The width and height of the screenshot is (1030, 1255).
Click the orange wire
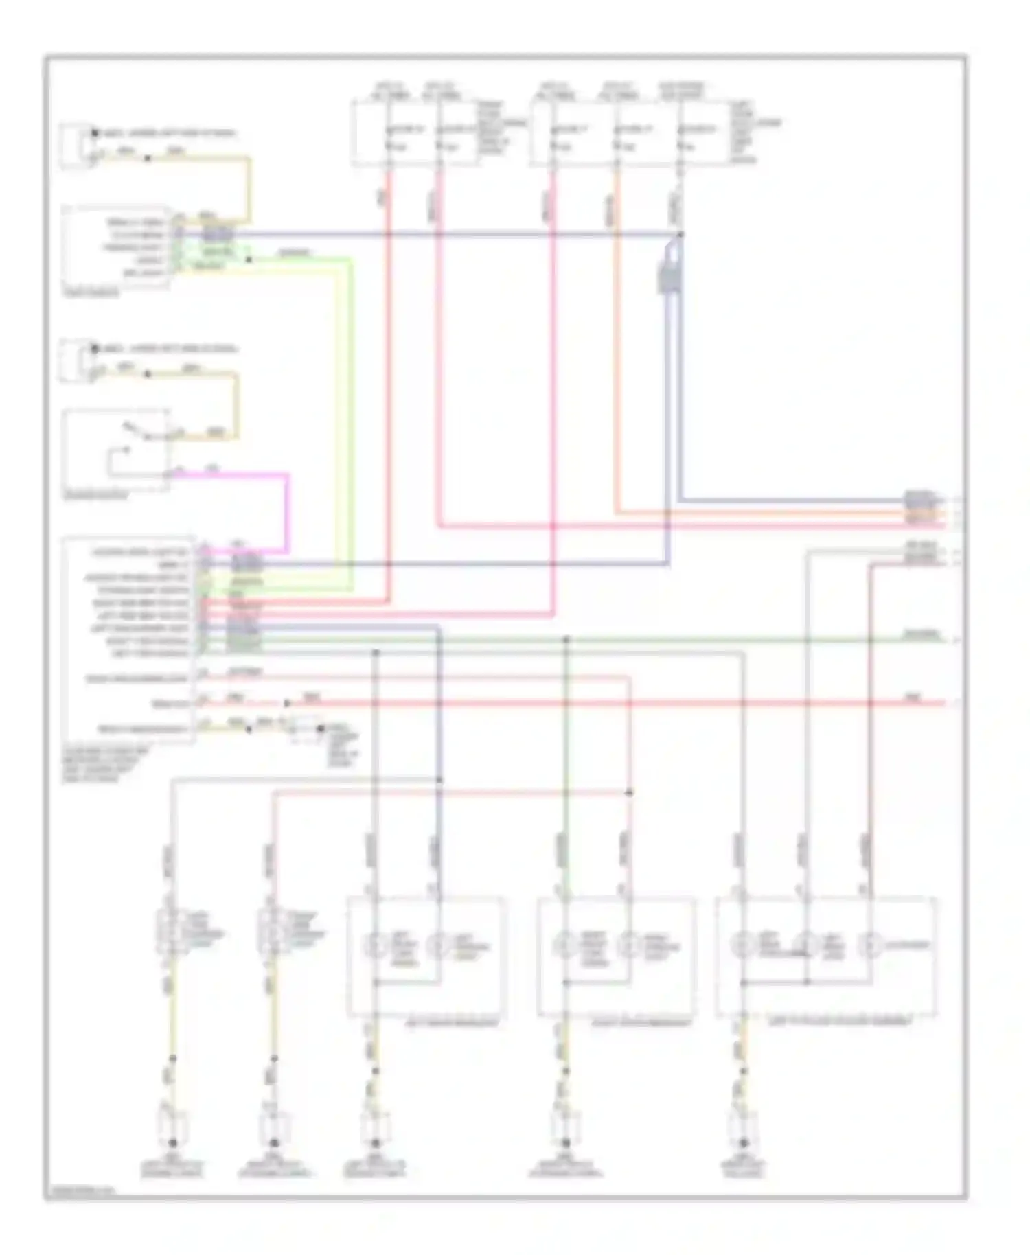tap(617, 343)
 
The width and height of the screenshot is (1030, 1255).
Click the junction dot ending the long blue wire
tap(680, 235)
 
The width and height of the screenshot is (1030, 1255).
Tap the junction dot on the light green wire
tap(249, 260)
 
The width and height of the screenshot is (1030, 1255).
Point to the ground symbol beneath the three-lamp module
tap(743, 1143)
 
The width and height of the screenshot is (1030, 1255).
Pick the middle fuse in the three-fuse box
tap(616, 137)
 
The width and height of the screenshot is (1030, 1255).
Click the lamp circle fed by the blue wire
tap(437, 947)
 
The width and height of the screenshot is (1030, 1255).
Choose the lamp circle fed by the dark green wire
tap(565, 947)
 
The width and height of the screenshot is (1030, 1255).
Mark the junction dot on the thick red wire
tap(287, 704)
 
